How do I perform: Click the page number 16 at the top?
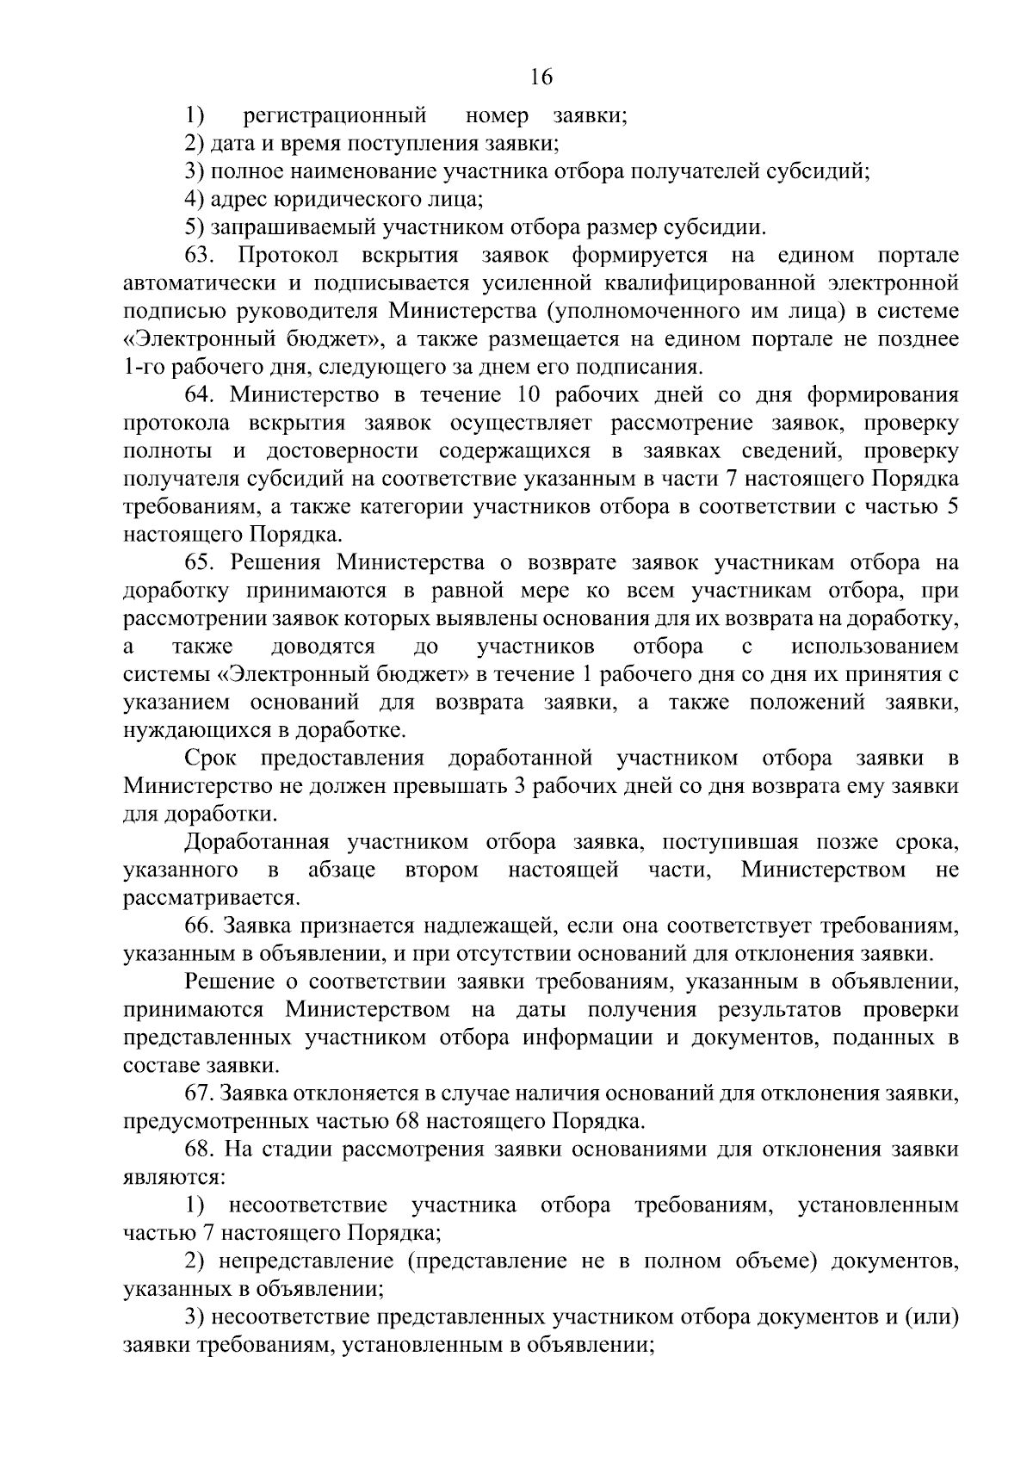pos(541,77)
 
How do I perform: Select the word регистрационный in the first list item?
pos(335,115)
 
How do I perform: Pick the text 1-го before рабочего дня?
pos(144,368)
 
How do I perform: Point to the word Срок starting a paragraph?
pos(210,759)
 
